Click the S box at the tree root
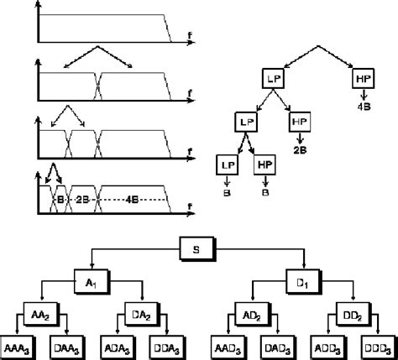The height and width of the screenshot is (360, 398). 198,249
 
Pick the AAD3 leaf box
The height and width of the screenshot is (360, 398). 223,347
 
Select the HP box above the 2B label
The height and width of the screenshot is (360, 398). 301,123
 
